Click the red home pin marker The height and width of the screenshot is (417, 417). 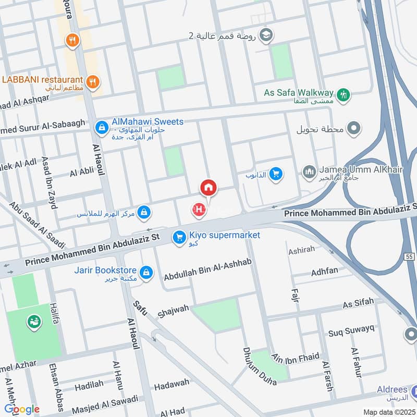tap(208, 188)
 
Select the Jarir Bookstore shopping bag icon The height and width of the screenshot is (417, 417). tap(147, 271)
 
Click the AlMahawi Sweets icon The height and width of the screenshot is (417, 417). tap(101, 127)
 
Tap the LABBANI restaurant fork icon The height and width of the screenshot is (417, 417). tap(93, 81)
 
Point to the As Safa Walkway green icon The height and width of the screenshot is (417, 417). tap(344, 95)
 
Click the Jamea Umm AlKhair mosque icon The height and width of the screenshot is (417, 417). tap(309, 171)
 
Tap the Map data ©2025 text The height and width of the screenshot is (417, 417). tap(388, 412)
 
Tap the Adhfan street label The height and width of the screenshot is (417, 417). tap(324, 272)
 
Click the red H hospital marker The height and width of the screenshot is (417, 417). tap(199, 210)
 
